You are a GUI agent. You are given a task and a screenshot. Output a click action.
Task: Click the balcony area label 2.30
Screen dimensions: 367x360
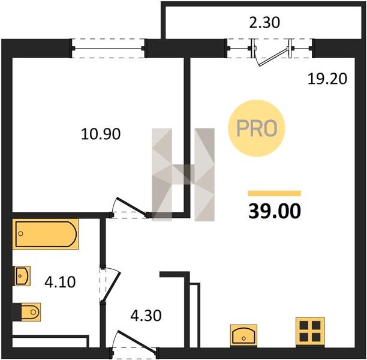[x=264, y=23]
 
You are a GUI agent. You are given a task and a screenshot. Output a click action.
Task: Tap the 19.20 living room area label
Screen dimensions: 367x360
[x=327, y=79]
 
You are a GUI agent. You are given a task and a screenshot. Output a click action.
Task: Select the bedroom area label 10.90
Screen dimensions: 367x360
[x=101, y=134]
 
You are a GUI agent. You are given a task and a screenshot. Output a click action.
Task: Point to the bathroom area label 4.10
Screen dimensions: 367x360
[x=60, y=282]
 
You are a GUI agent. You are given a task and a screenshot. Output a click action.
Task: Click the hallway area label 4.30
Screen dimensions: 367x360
[x=146, y=315]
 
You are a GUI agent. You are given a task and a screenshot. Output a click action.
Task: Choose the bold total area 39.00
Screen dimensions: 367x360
[x=275, y=211]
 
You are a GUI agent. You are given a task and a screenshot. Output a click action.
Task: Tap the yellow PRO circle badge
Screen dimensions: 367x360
[x=257, y=128]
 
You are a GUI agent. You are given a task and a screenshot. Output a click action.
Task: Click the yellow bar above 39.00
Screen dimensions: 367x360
[x=274, y=193]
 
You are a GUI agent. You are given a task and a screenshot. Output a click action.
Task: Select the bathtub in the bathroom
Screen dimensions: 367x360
[x=46, y=234]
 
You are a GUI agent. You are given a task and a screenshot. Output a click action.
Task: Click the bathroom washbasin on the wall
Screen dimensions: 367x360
[x=22, y=276]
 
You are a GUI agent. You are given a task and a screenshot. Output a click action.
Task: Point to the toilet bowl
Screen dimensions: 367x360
[x=31, y=312]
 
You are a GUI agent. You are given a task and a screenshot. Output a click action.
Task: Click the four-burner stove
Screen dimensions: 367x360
[x=310, y=331]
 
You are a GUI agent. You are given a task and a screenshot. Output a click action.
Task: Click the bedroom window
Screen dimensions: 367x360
[x=108, y=48]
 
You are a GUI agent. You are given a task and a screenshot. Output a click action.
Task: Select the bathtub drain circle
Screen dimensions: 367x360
[x=21, y=233]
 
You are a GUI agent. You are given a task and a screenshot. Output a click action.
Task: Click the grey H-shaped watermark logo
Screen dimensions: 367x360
[x=183, y=175]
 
